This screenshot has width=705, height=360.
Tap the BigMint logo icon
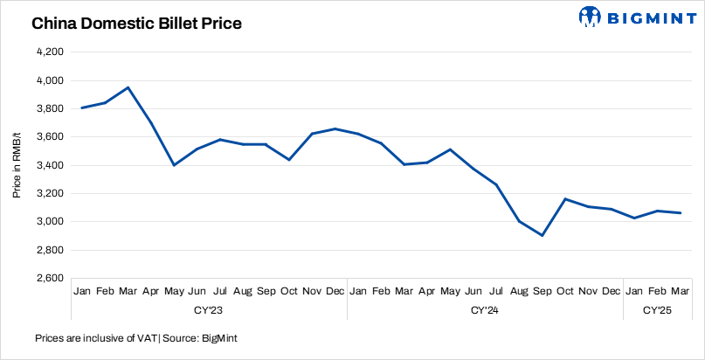(591, 16)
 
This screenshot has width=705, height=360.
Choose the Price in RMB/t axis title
(17, 165)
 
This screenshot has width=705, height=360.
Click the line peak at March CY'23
(128, 87)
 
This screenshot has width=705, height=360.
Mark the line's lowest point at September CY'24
(543, 235)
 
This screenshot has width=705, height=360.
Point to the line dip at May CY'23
(175, 165)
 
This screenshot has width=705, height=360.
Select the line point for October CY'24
(566, 199)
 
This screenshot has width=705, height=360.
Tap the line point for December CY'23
(335, 128)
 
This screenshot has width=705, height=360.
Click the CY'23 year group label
(209, 309)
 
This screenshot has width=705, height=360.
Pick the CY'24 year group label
(485, 309)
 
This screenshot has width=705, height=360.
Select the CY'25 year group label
(658, 309)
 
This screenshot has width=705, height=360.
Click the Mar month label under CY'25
(681, 290)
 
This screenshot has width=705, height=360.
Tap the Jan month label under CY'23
(83, 290)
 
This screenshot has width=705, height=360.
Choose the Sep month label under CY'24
(543, 290)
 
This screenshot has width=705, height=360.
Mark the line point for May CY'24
(450, 149)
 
